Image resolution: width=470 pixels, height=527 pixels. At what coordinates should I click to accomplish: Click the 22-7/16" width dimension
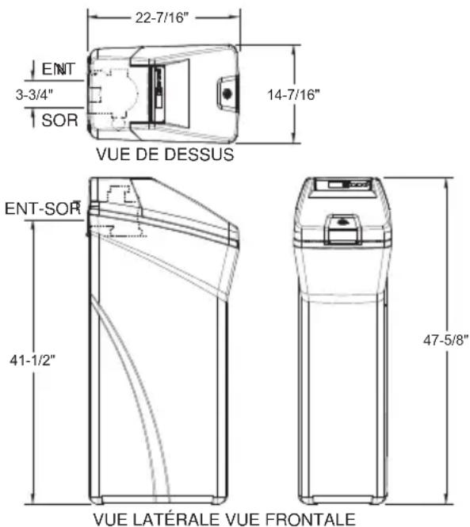coord(160,17)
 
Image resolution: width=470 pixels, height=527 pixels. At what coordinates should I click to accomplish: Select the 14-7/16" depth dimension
coord(293,94)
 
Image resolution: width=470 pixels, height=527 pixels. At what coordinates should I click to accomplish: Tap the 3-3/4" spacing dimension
coord(34,94)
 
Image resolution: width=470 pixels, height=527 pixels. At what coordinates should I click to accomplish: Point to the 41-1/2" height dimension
coord(32,361)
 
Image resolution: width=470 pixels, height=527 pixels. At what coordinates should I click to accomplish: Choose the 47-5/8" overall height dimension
coord(445,340)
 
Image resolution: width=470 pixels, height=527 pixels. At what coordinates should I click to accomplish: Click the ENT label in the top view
coord(59,69)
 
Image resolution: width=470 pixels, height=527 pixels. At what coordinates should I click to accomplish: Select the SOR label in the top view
coord(60,120)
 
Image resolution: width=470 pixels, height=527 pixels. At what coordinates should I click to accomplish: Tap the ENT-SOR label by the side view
coord(43,208)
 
